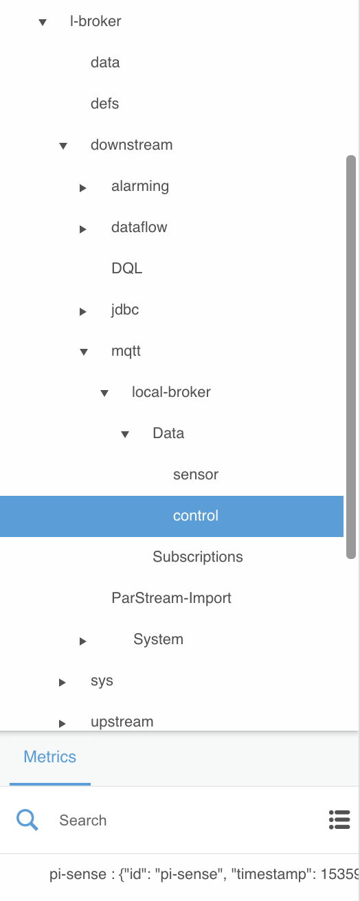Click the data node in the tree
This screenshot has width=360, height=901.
tap(105, 62)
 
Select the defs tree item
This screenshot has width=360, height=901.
tap(104, 104)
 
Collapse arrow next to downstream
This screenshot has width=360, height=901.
tap(63, 146)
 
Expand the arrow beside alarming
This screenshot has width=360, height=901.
tap(83, 188)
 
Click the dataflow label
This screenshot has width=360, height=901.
tap(139, 227)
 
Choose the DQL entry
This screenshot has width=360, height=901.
tap(126, 269)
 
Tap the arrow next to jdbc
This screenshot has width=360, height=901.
tap(83, 312)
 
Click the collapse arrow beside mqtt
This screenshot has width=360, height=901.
tap(84, 352)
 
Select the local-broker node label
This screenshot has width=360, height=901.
tap(171, 392)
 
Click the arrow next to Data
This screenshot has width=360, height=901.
tap(125, 435)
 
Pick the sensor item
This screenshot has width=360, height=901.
tap(196, 475)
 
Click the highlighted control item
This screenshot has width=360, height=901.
tap(196, 516)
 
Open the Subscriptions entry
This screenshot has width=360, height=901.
tap(197, 557)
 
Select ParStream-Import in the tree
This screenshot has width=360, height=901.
tap(171, 598)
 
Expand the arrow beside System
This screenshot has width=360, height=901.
tap(83, 641)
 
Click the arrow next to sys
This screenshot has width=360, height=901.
tap(63, 683)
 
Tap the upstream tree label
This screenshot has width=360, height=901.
tap(122, 722)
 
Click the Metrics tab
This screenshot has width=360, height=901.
tap(50, 757)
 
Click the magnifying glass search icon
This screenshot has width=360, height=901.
tap(27, 820)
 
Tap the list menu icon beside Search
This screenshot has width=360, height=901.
tap(339, 820)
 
